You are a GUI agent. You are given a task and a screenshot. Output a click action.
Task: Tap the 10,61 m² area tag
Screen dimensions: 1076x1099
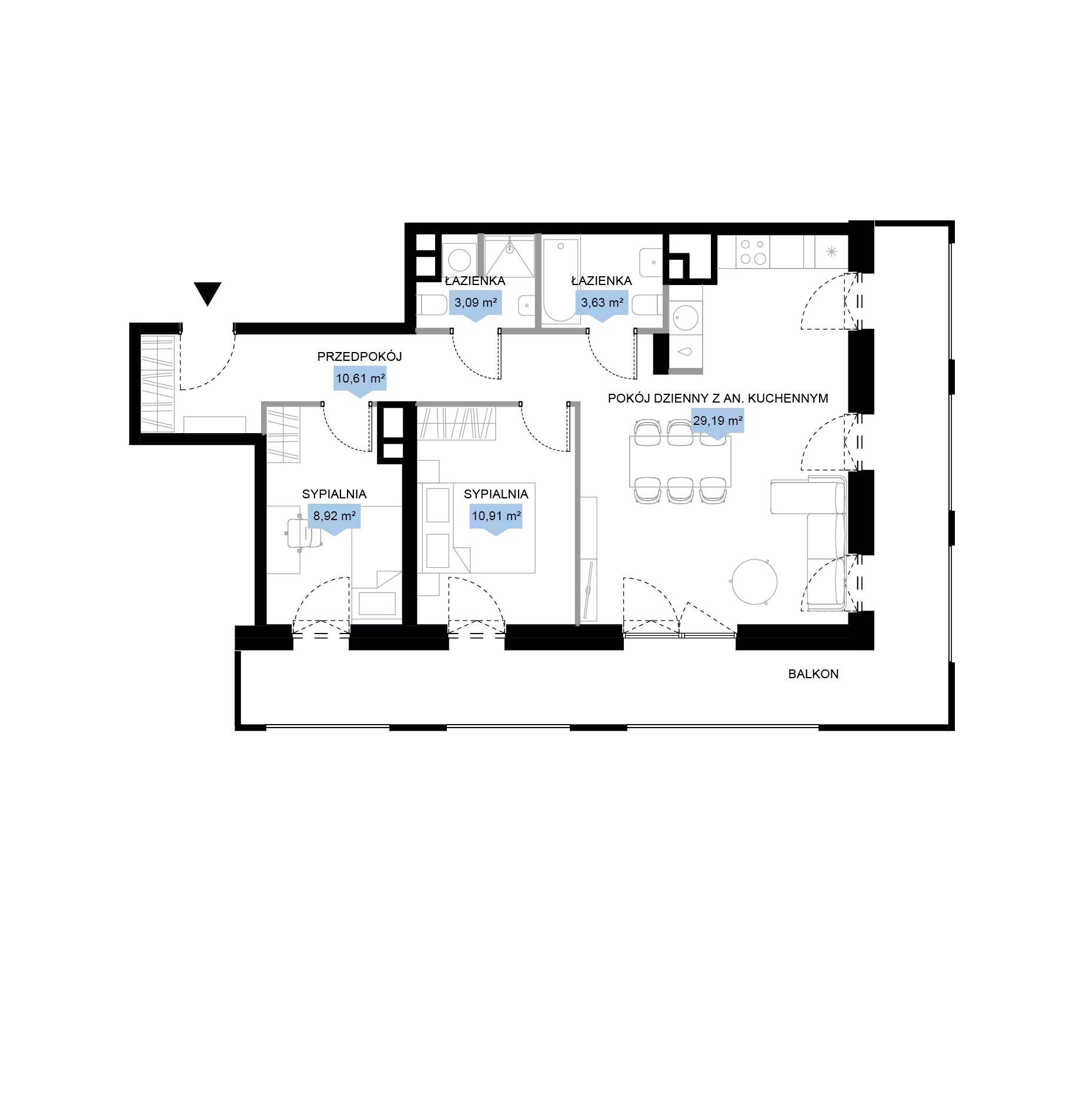(360, 381)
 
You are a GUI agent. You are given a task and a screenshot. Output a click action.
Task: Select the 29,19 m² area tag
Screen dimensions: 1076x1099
(717, 424)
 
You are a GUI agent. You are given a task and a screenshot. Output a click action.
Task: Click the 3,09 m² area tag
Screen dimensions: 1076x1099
(475, 306)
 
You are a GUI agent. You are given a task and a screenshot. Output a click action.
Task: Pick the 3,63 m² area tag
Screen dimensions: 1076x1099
(602, 306)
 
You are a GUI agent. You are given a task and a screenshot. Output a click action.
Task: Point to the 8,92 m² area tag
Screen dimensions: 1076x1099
(334, 520)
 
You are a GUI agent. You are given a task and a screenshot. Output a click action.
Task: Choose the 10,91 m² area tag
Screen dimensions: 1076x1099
(496, 520)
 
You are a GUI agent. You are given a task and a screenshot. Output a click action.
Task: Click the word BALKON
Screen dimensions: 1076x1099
(813, 674)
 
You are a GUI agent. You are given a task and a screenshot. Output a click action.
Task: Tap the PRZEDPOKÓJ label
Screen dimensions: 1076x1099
(359, 356)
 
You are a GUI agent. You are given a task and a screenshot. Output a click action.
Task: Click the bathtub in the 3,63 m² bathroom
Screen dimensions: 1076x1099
(562, 280)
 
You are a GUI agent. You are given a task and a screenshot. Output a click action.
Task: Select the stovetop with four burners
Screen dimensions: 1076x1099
(753, 252)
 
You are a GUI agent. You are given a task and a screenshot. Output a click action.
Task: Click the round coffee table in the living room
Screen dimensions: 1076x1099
(754, 581)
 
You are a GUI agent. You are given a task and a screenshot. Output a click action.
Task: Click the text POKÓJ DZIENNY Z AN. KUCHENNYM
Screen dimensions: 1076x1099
(718, 398)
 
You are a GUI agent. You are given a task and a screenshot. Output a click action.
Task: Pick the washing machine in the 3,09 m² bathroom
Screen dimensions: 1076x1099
(459, 259)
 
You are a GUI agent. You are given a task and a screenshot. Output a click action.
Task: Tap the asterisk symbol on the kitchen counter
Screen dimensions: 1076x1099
(831, 252)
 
